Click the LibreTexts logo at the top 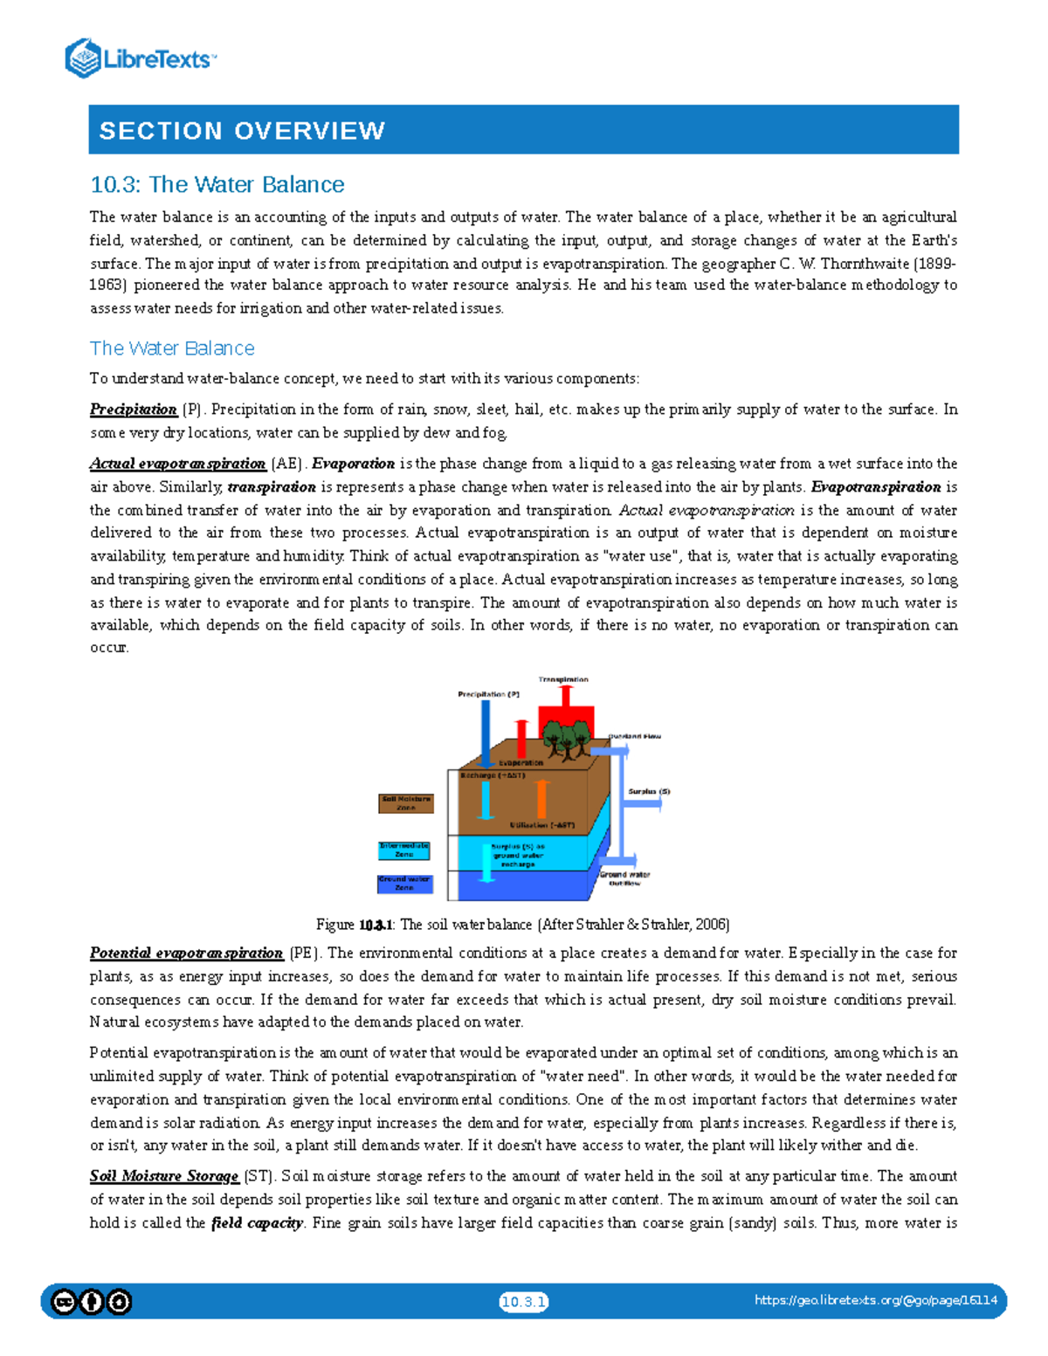(x=140, y=59)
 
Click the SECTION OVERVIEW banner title (x=242, y=131)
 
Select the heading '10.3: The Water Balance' (x=217, y=184)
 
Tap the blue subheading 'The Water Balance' (x=172, y=348)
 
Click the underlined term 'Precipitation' (x=134, y=410)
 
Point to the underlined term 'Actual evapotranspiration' (x=177, y=464)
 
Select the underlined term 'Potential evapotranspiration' (x=186, y=953)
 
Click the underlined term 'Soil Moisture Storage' (x=164, y=1176)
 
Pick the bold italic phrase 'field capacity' (x=257, y=1223)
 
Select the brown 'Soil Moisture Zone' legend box (x=405, y=803)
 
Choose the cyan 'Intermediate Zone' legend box (x=403, y=850)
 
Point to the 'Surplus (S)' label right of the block (x=649, y=791)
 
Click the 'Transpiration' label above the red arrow (x=563, y=679)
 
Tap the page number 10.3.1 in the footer (x=523, y=1302)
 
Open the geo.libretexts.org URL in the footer (x=875, y=1300)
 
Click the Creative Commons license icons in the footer (x=92, y=1302)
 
